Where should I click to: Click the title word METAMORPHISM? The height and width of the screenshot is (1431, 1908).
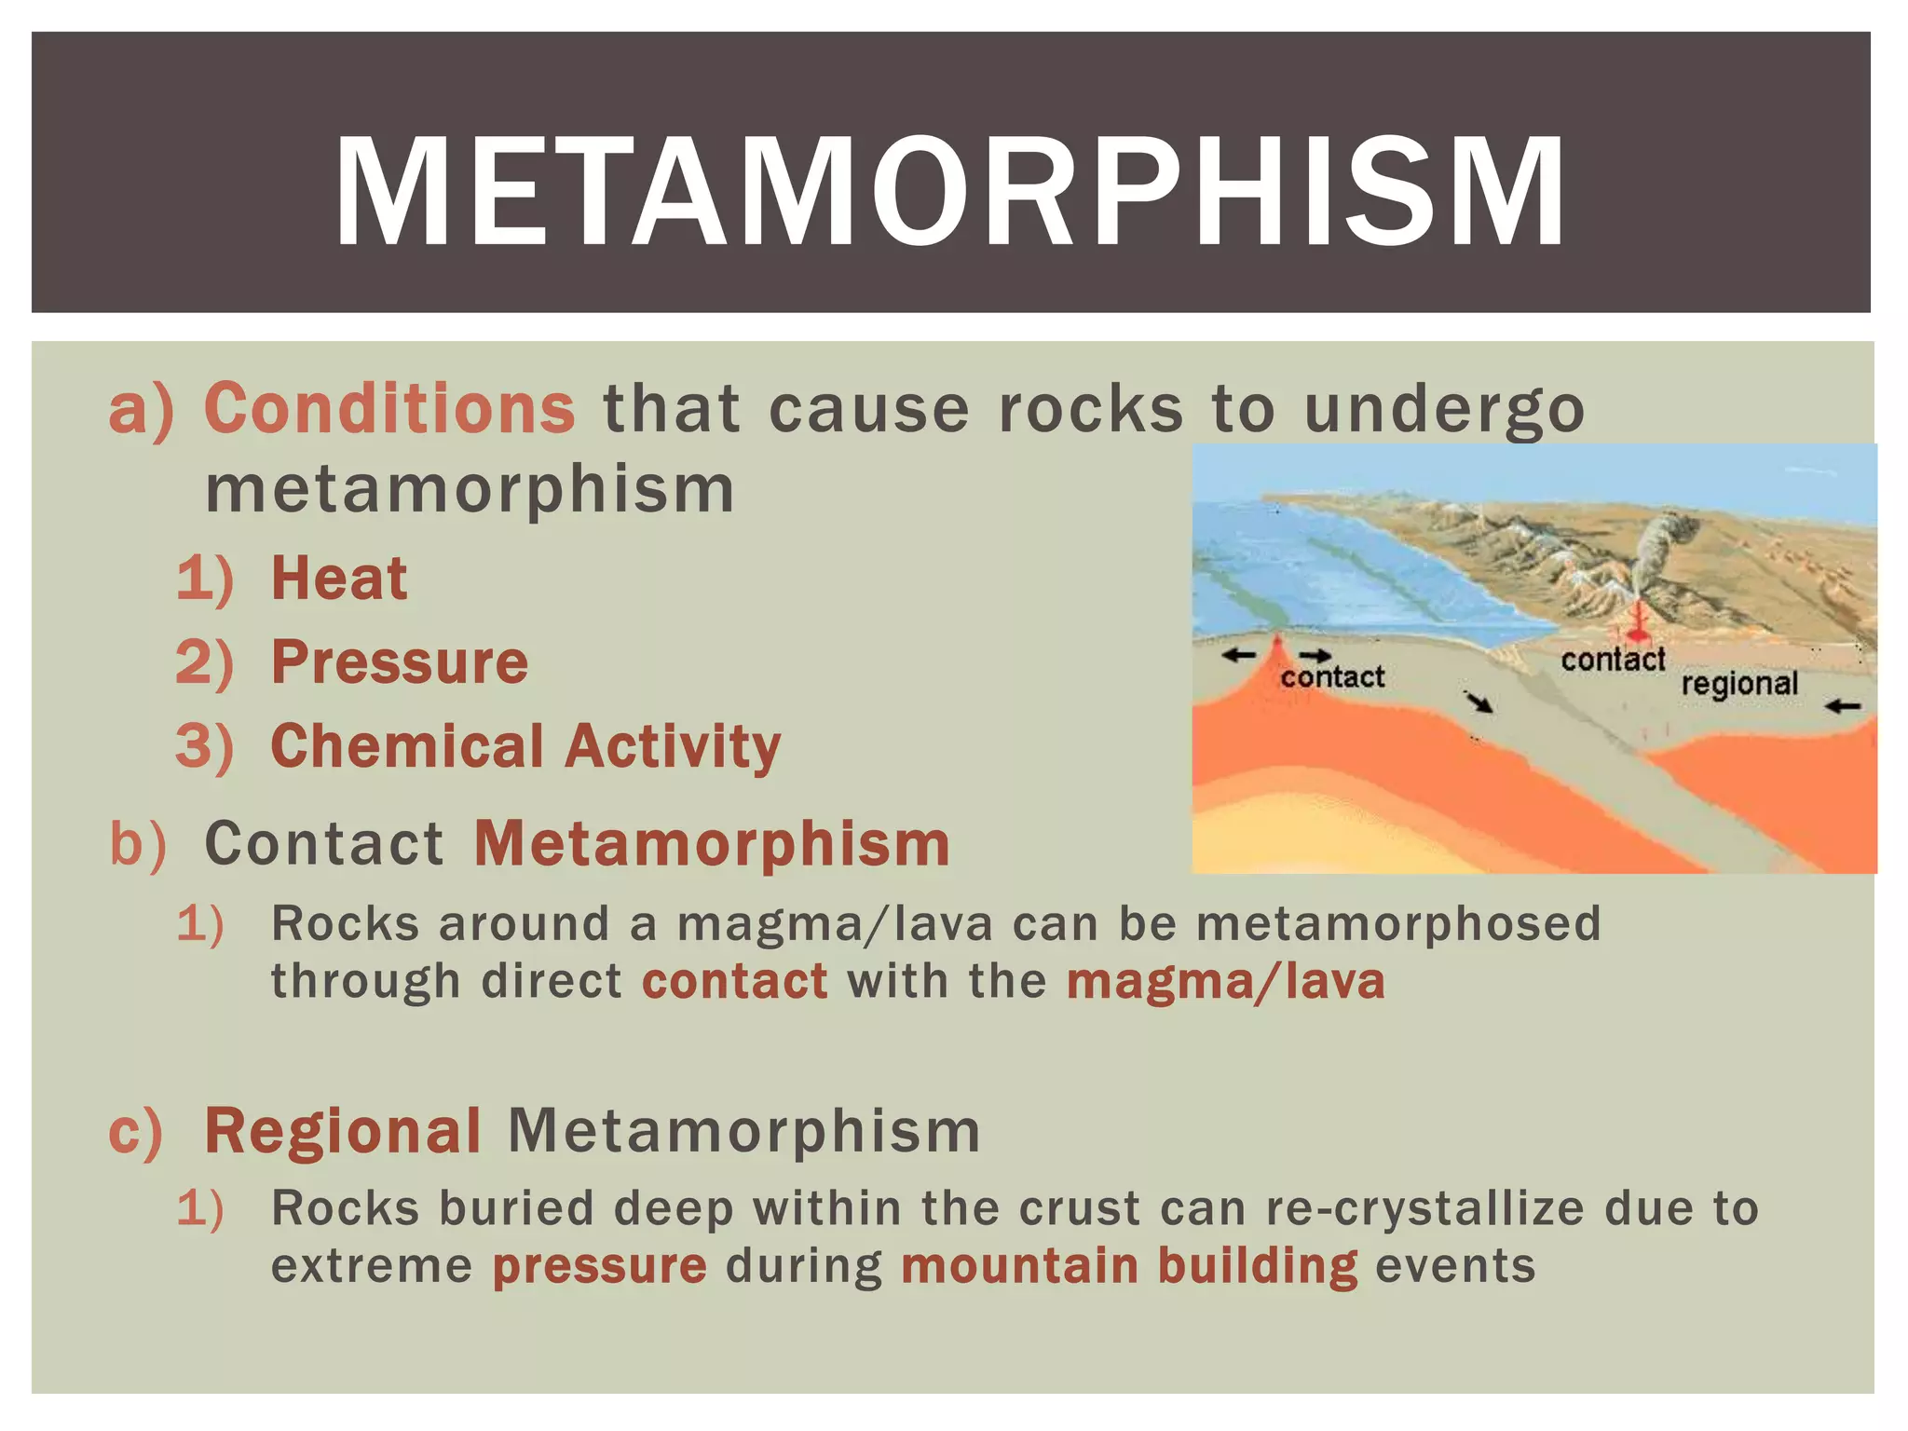[950, 193]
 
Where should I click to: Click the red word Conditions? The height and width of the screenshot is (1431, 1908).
[389, 409]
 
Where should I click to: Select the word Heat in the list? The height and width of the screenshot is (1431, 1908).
[339, 579]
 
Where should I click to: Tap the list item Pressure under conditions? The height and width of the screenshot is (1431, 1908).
[400, 662]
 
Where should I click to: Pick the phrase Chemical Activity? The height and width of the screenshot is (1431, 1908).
[525, 746]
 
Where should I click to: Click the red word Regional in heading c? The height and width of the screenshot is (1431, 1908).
[343, 1131]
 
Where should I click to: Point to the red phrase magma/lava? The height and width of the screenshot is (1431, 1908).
[1225, 982]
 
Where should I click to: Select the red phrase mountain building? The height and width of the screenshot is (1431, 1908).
[1128, 1266]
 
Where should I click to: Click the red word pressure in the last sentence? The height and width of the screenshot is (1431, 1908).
[599, 1266]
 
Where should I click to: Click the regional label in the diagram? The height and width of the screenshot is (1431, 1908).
[1739, 684]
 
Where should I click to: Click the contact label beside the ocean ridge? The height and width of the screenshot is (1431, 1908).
[1332, 677]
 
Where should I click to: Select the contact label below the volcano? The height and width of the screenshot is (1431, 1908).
[1613, 660]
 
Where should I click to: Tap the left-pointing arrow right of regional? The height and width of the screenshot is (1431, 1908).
[1842, 707]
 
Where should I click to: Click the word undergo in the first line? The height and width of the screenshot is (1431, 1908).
[1443, 409]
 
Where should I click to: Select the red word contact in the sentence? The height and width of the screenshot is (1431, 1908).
[734, 982]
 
